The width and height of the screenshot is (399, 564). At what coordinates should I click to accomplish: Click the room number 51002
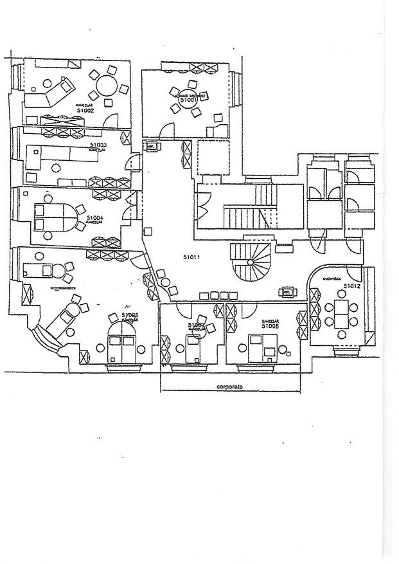86,111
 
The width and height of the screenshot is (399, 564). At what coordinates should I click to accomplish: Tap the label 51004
96,218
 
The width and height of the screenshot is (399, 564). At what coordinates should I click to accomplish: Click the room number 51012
352,285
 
